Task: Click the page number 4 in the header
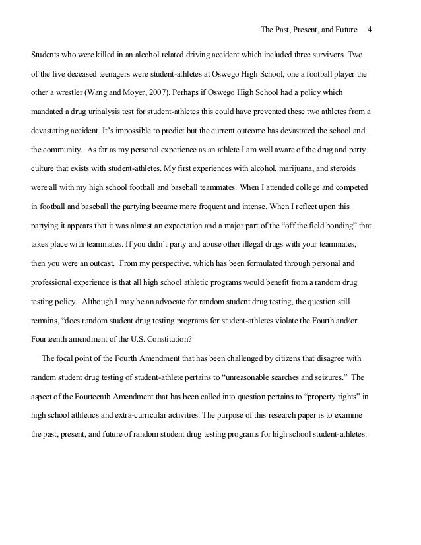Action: (370, 30)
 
